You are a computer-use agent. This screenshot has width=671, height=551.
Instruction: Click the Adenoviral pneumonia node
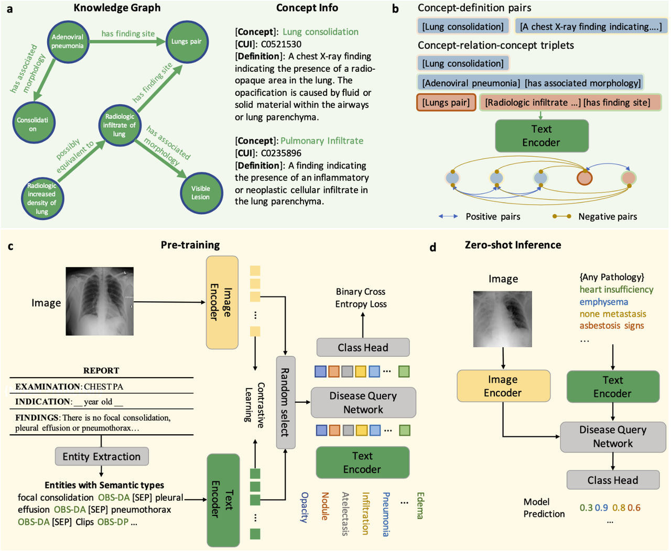68,41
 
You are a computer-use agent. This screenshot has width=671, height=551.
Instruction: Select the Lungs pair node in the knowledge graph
186,41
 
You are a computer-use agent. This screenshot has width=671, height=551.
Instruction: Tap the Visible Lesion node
200,193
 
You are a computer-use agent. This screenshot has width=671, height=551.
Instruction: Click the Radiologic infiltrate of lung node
120,125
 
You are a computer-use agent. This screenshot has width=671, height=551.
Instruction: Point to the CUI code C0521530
281,44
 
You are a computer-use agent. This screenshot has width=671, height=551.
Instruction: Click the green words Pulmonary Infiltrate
322,140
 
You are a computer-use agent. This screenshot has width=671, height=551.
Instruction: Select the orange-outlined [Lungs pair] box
446,102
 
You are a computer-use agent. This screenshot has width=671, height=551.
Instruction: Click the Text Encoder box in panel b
541,136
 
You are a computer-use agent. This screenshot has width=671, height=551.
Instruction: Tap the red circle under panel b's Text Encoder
585,178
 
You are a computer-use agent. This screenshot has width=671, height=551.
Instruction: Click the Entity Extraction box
102,456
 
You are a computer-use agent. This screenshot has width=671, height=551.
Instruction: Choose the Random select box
285,402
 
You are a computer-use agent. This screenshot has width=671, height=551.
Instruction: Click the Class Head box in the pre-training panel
363,347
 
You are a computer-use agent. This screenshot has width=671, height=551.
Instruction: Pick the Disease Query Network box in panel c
363,402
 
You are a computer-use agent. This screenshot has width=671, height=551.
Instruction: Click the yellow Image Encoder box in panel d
503,386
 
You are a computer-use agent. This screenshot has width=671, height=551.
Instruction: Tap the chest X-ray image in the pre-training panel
100,301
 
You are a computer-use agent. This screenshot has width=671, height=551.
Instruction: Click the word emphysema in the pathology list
603,302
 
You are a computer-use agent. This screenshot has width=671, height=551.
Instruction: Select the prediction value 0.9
601,507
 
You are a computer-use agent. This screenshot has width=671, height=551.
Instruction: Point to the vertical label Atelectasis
345,513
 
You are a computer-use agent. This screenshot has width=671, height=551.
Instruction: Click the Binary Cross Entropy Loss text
361,297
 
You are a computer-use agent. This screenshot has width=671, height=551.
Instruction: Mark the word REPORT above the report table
101,370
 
